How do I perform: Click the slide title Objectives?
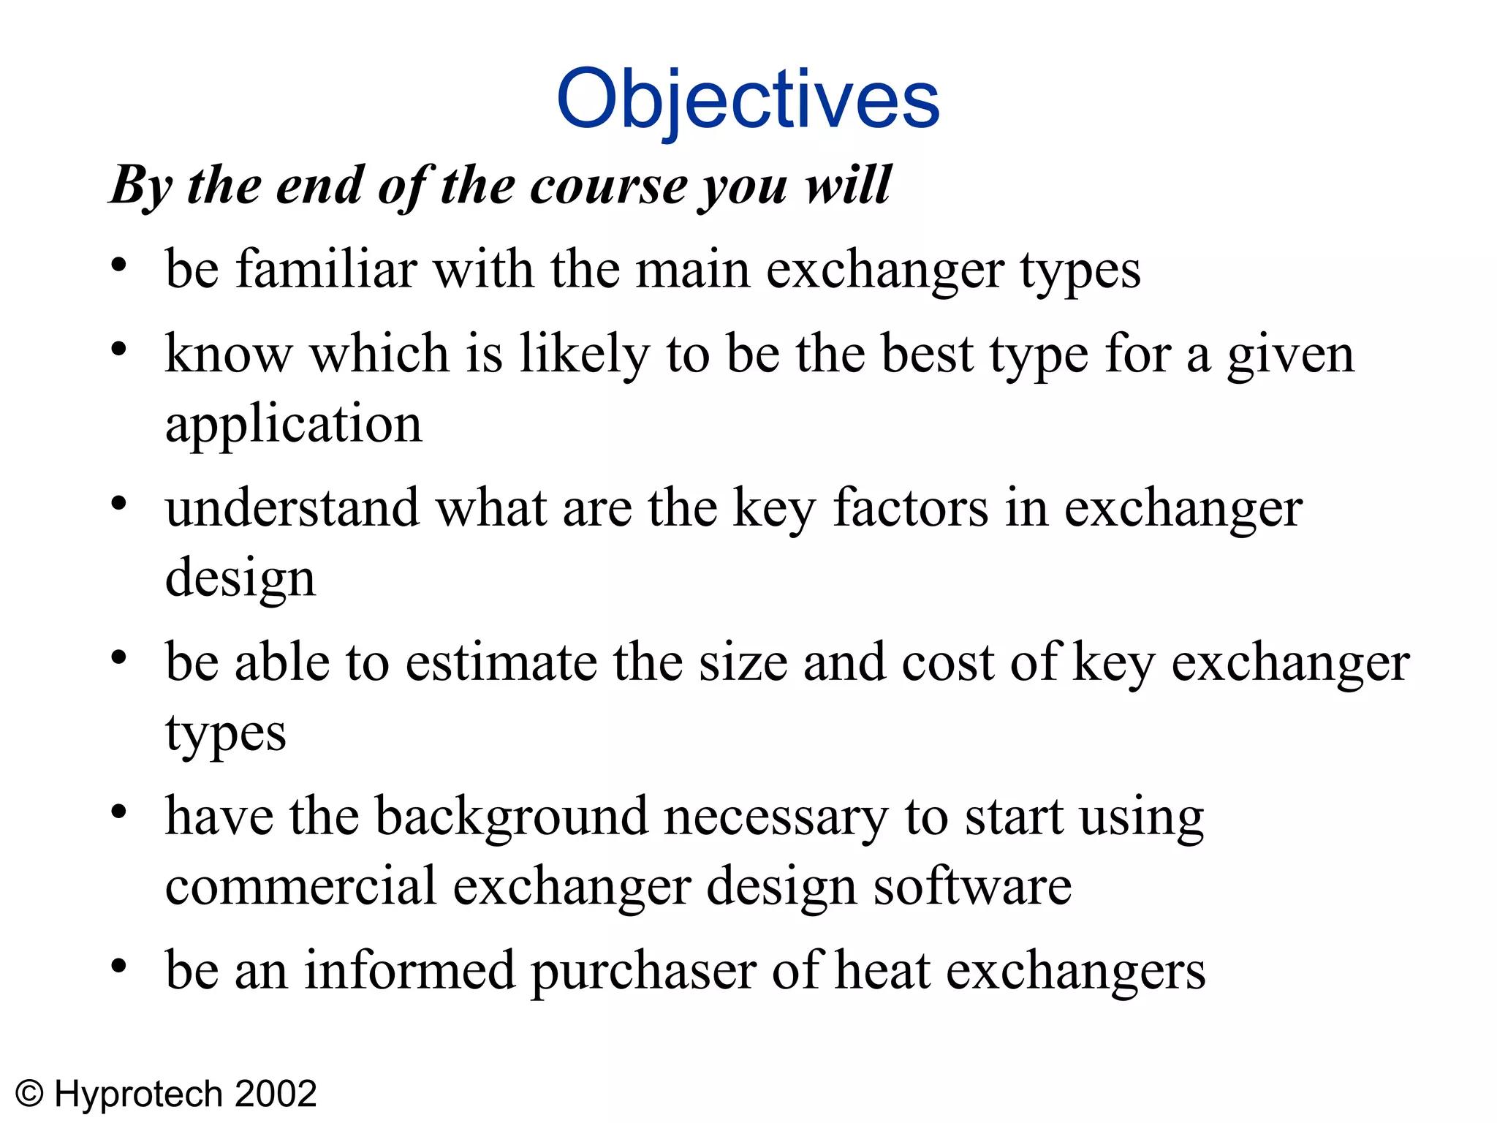click(748, 99)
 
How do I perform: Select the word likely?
click(584, 354)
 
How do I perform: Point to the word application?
click(294, 424)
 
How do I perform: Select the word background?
click(511, 816)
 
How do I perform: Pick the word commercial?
click(300, 886)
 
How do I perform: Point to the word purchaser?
click(643, 971)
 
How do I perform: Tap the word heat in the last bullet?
click(882, 971)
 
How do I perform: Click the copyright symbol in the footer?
click(30, 1094)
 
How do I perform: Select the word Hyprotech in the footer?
click(138, 1094)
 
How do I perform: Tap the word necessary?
click(776, 816)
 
